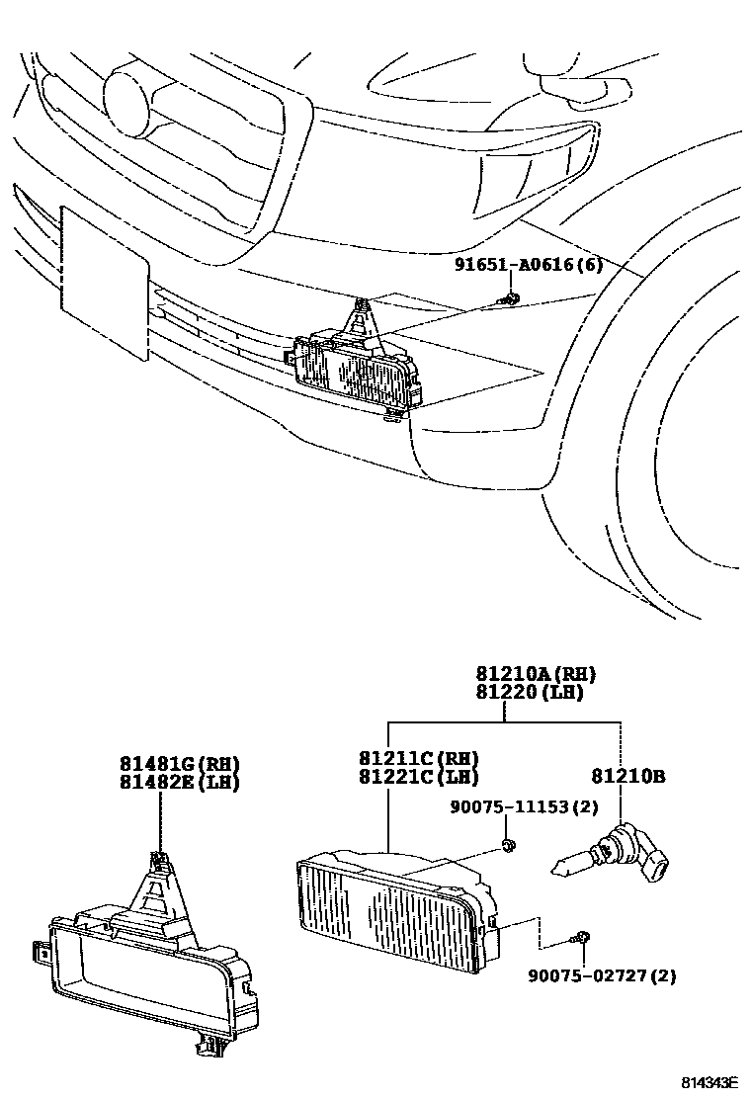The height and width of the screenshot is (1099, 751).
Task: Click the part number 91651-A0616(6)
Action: pos(529,265)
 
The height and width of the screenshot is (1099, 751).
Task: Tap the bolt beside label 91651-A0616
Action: pos(510,296)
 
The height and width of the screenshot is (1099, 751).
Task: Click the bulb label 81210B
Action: pos(628,777)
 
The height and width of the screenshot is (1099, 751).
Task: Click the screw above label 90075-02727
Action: pos(584,936)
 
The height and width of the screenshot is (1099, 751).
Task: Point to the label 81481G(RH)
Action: pos(181,763)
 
